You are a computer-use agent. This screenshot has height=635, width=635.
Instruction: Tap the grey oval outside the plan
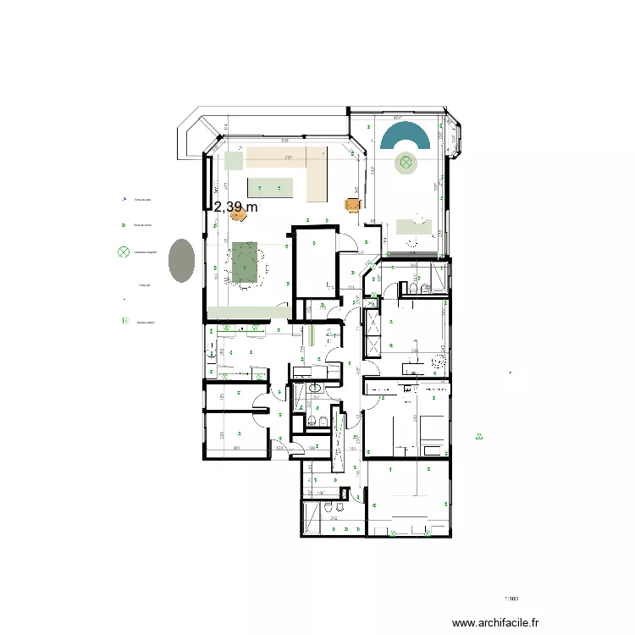(181, 260)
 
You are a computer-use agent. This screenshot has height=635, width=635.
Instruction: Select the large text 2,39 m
(235, 207)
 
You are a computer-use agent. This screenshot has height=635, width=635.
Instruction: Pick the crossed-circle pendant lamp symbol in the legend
(124, 251)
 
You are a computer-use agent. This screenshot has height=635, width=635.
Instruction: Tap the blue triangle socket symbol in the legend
(124, 199)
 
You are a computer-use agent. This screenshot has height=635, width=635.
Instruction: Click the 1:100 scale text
(511, 599)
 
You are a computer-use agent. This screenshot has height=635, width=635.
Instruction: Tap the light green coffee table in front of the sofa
(271, 187)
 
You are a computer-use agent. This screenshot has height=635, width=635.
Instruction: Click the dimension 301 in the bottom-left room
(238, 449)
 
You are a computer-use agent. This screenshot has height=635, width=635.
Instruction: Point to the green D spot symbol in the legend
(124, 225)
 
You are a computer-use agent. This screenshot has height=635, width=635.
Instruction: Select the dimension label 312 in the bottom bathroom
(334, 519)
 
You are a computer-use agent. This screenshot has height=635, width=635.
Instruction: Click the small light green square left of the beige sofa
(232, 159)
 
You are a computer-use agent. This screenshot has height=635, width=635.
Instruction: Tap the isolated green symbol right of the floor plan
(478, 437)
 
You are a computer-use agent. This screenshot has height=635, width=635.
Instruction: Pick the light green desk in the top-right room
(414, 226)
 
